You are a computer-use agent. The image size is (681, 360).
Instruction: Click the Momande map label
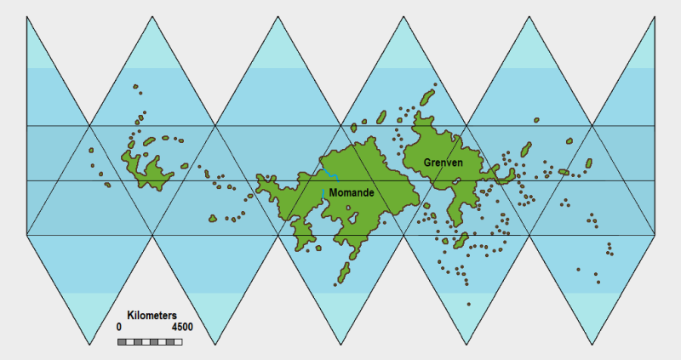click(351, 193)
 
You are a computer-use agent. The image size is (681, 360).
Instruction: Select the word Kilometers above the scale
click(152, 315)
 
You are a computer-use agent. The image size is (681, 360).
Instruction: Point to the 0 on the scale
click(119, 327)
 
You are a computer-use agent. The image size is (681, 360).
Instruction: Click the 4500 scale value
click(182, 327)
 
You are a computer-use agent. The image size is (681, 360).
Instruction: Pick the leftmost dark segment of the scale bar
click(122, 341)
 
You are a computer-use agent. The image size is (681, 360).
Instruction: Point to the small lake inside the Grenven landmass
click(457, 180)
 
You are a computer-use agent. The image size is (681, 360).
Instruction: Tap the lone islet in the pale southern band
click(468, 304)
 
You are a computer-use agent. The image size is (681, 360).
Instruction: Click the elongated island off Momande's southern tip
click(345, 271)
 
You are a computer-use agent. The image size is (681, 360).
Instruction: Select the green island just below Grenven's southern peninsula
click(461, 241)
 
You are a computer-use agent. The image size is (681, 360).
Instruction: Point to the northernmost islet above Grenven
click(435, 84)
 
